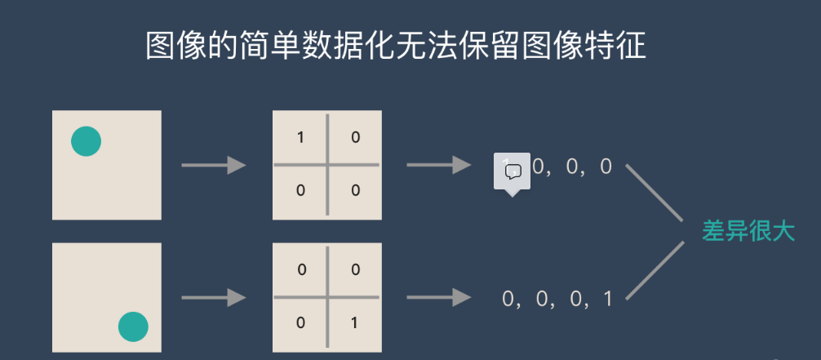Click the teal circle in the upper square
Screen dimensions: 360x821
click(86, 141)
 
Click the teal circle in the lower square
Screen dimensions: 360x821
click(133, 327)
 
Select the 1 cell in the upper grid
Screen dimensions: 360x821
click(300, 137)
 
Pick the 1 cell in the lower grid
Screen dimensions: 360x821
click(354, 322)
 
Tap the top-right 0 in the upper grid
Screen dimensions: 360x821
click(355, 137)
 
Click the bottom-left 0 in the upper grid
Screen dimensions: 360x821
click(300, 191)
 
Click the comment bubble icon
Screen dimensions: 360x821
click(513, 171)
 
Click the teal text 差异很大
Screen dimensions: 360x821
click(748, 231)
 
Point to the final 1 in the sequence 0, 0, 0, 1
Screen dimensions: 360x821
click(607, 299)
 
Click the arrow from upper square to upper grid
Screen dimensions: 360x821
click(214, 166)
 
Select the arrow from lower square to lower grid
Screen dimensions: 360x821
click(214, 298)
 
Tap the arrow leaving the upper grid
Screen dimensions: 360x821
click(439, 166)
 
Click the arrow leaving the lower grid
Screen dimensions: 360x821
click(439, 298)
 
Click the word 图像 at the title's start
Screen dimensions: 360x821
click(174, 47)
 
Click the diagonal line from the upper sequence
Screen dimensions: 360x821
click(654, 193)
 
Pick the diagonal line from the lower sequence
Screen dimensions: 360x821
click(654, 269)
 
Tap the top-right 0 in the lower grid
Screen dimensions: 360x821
click(355, 269)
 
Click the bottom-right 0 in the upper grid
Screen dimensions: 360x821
click(355, 191)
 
